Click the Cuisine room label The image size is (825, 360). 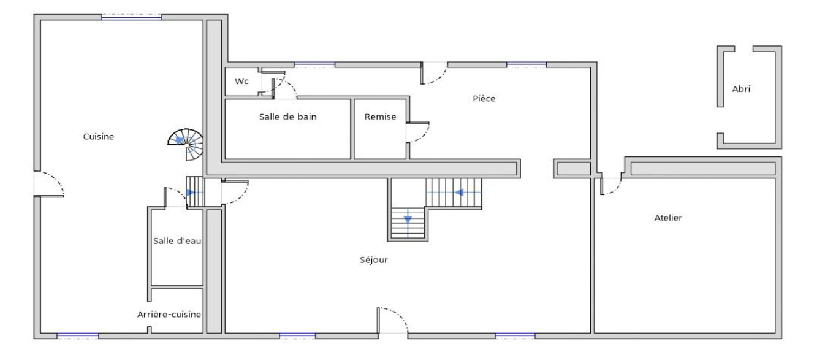coord(98,137)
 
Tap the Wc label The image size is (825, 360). coord(241,81)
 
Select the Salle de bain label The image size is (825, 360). coord(287,117)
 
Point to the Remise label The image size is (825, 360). coord(380,117)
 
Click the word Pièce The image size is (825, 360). coord(484,98)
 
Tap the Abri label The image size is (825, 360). coord(741,89)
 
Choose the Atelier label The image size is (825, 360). coord(668,218)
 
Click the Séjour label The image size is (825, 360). coord(373,260)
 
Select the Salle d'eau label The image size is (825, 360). coord(177,241)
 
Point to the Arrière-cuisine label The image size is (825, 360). coord(169,314)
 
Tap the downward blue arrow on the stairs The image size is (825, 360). coord(408,220)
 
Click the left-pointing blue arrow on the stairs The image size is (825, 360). coord(458,193)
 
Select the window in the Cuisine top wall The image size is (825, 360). coord(131,17)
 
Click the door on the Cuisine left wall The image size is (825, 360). coord(48,184)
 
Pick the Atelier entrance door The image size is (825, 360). coord(610,185)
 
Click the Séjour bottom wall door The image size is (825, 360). coord(393,321)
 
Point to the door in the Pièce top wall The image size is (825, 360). coord(434,74)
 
